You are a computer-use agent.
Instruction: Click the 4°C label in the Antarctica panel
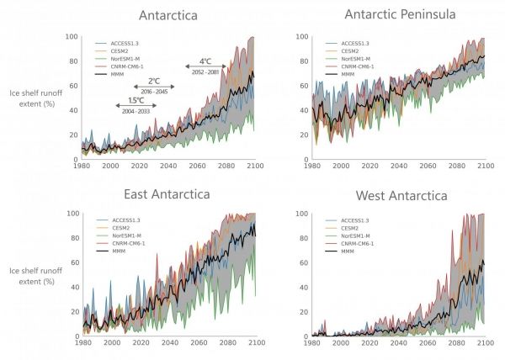pos(205,61)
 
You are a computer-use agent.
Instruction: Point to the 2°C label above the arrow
pos(154,81)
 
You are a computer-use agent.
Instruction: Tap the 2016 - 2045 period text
pos(154,92)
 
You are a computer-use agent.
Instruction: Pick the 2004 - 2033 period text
pos(136,111)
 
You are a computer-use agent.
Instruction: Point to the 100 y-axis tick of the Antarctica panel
pos(72,37)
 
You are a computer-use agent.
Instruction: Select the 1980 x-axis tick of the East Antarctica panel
pos(82,344)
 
